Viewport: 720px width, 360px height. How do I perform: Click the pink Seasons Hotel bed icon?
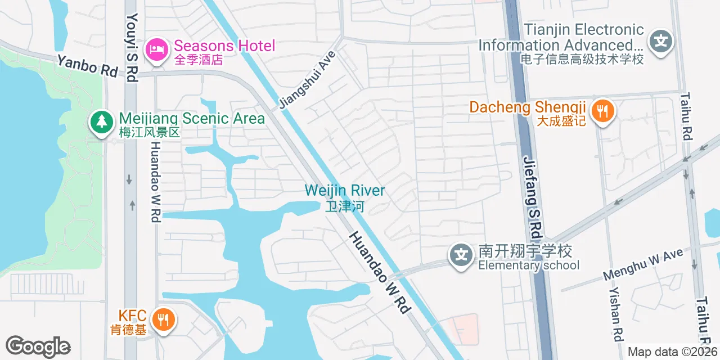157,49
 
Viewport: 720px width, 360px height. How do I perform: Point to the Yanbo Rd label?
87,65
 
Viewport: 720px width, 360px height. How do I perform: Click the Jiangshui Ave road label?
307,80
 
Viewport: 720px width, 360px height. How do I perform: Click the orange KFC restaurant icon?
164,320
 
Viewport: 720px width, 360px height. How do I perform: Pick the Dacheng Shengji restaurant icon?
603,110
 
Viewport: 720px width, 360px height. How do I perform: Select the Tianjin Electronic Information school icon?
661,42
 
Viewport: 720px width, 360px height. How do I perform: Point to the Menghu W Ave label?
643,264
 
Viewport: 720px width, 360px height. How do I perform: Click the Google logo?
38,347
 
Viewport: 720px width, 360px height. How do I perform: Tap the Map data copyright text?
673,352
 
